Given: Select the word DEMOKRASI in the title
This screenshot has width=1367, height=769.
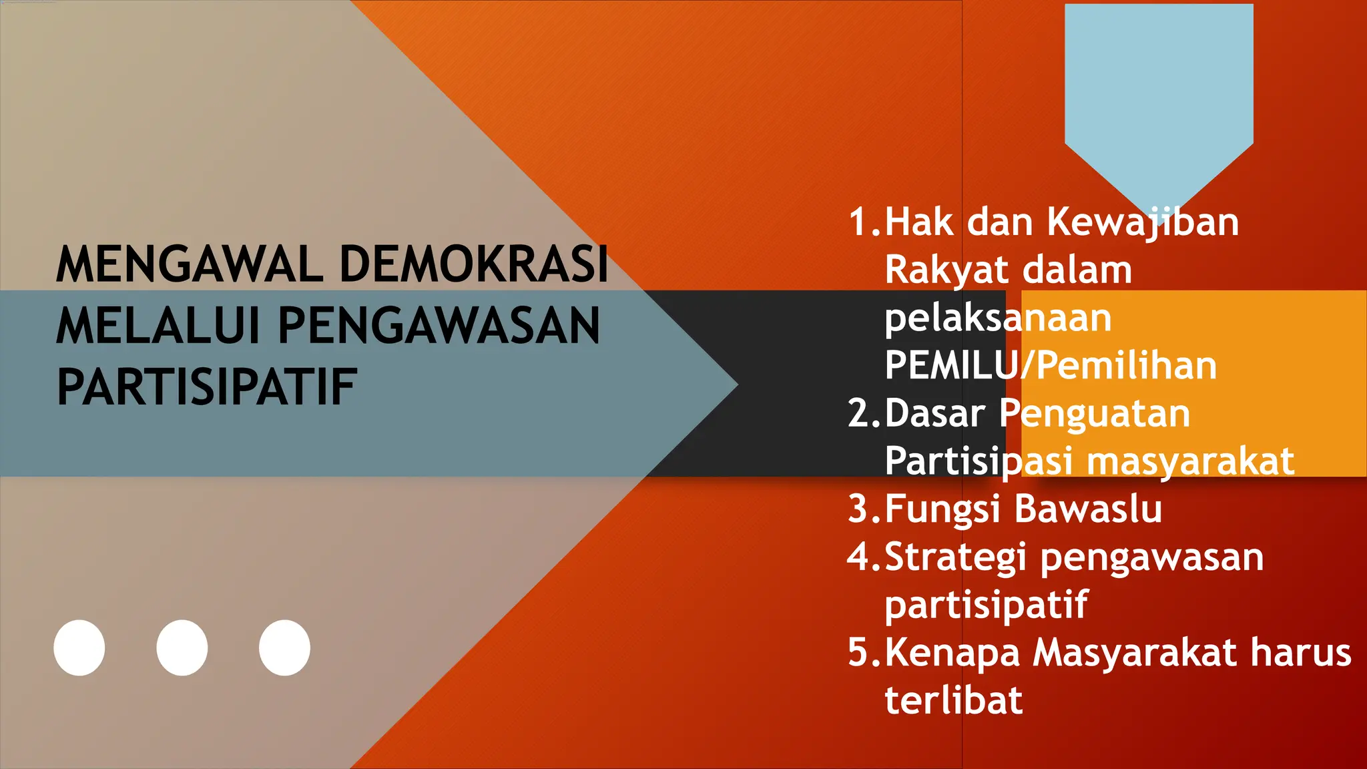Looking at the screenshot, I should [474, 264].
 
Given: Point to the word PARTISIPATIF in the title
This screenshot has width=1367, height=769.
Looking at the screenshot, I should [207, 387].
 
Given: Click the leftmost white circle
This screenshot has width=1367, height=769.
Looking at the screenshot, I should [79, 648].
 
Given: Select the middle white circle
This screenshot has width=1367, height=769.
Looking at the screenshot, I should [182, 648].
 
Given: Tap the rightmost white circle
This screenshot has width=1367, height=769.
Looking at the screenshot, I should [284, 648].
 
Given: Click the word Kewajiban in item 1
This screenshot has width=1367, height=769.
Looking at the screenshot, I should [1143, 222].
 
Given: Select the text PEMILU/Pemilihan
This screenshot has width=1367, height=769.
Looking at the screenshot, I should [1051, 365].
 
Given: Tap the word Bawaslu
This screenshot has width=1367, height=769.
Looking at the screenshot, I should [1088, 509].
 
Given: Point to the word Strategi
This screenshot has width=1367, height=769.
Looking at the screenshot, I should [956, 557].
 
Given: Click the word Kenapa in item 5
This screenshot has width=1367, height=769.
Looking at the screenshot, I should [952, 653].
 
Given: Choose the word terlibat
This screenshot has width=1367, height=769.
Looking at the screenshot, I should [953, 700].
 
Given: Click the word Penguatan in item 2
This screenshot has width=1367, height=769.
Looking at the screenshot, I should [1095, 413].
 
